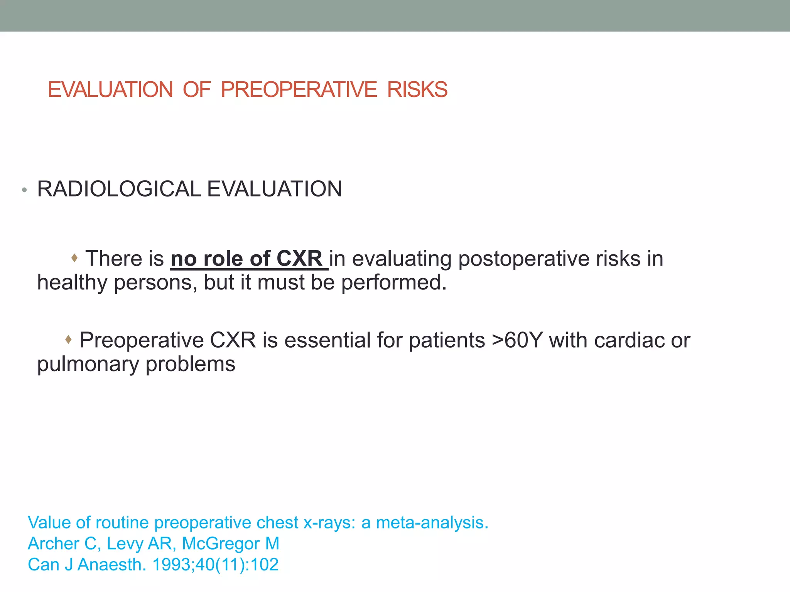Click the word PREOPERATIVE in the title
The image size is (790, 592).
click(x=299, y=90)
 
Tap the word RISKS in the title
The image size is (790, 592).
click(x=417, y=90)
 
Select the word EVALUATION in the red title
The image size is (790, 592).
click(x=110, y=90)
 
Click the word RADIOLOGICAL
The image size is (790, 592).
click(x=119, y=189)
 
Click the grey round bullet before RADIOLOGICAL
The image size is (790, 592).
click(x=24, y=190)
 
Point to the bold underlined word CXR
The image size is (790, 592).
click(x=299, y=258)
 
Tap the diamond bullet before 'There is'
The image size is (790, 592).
click(x=74, y=257)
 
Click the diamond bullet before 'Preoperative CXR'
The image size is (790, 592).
click(x=68, y=340)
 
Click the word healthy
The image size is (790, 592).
click(x=72, y=283)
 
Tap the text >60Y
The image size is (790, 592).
click(x=517, y=341)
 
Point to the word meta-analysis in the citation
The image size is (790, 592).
click(x=432, y=523)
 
